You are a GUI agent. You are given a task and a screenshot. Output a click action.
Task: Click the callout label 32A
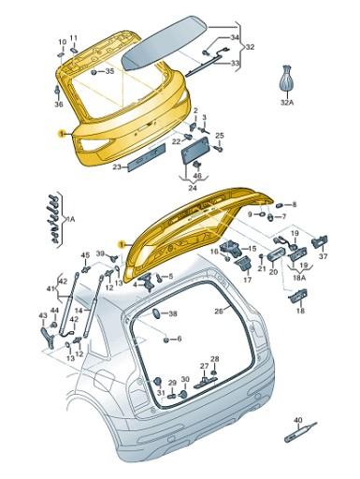(288, 103)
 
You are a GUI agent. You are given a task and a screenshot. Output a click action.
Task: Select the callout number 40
(298, 421)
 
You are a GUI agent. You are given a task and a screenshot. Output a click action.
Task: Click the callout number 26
(219, 311)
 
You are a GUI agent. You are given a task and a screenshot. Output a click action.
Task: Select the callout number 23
(118, 167)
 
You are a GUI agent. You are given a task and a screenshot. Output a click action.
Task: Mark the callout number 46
(197, 175)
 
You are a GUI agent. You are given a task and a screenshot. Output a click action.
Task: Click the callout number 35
(109, 71)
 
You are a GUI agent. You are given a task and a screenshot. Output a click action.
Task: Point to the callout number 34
(235, 37)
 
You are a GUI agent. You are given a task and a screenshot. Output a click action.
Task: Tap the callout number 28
(214, 360)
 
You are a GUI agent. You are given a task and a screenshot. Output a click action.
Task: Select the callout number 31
(160, 393)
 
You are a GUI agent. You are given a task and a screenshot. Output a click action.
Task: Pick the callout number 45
(85, 255)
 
